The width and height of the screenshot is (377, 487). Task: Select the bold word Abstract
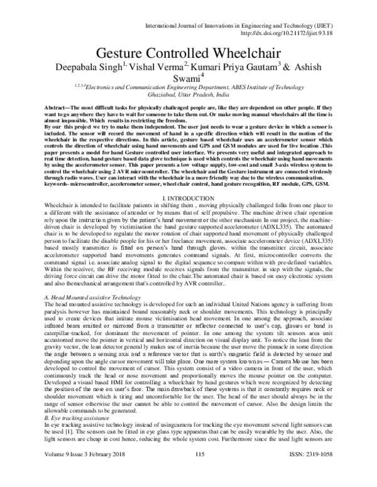[58, 109]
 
